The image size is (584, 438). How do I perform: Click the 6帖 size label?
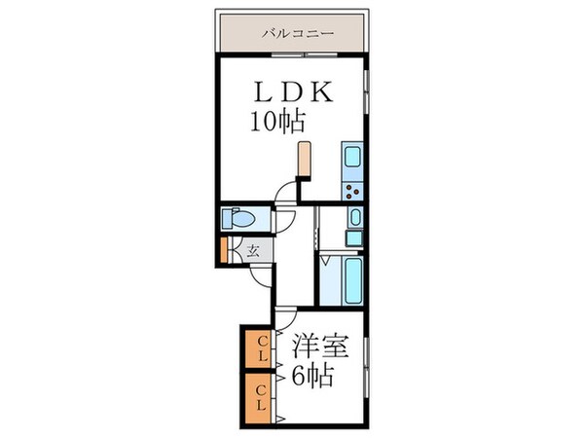pyautogui.click(x=310, y=373)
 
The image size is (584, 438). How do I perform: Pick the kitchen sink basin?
pyautogui.click(x=351, y=156)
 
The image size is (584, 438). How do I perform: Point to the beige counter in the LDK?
pyautogui.click(x=306, y=160)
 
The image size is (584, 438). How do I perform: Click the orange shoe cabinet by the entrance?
pyautogui.click(x=224, y=251)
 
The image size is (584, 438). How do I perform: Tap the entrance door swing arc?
pyautogui.click(x=262, y=274)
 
